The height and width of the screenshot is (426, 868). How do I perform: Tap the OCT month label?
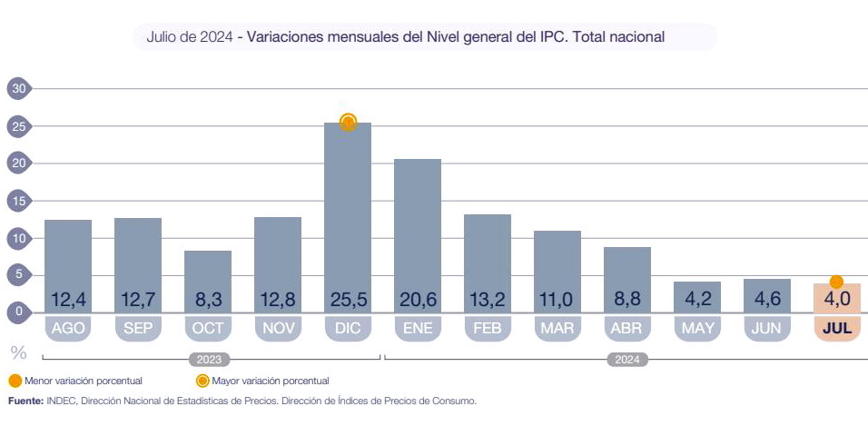pyautogui.click(x=208, y=328)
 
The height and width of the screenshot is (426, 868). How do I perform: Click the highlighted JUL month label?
pyautogui.click(x=836, y=328)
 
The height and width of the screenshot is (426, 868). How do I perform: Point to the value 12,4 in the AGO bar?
pyautogui.click(x=68, y=300)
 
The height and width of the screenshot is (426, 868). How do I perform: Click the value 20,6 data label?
pyautogui.click(x=418, y=300)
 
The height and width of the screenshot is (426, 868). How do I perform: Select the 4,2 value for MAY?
pyautogui.click(x=697, y=300)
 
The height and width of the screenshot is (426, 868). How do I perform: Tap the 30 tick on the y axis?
pyautogui.click(x=17, y=88)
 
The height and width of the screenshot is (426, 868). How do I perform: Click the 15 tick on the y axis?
pyautogui.click(x=17, y=200)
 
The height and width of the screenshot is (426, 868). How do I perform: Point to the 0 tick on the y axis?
pyautogui.click(x=17, y=312)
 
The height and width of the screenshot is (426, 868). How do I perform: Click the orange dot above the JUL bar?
pyautogui.click(x=836, y=282)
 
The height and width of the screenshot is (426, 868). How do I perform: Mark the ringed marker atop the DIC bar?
pyautogui.click(x=348, y=122)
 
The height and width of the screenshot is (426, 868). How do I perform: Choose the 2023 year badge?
pyautogui.click(x=209, y=360)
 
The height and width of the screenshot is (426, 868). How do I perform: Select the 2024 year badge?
pyautogui.click(x=627, y=360)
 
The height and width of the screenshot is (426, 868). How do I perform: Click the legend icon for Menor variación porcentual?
pyautogui.click(x=15, y=381)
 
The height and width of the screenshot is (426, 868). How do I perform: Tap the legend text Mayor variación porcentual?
pyautogui.click(x=270, y=381)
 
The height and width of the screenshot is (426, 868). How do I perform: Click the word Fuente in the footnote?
pyautogui.click(x=25, y=400)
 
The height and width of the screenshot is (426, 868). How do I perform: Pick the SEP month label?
pyautogui.click(x=138, y=328)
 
